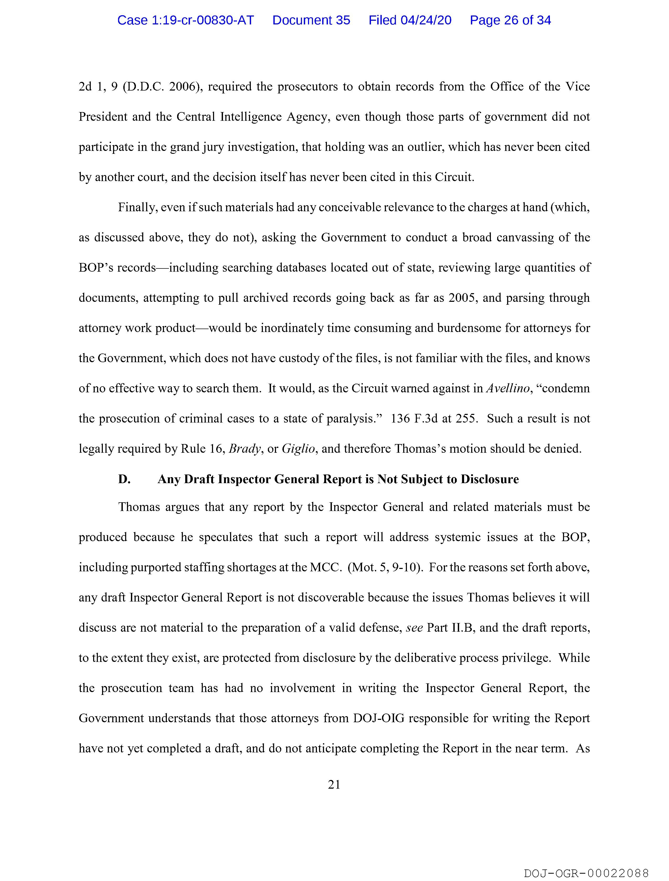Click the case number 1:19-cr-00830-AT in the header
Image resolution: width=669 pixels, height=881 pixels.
click(x=185, y=20)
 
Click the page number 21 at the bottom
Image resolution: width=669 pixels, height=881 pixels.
click(x=334, y=785)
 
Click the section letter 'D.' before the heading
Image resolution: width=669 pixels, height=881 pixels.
click(x=124, y=479)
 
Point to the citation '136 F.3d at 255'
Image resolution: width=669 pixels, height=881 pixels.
click(x=434, y=419)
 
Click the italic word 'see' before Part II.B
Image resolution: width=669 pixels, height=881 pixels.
click(x=414, y=628)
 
